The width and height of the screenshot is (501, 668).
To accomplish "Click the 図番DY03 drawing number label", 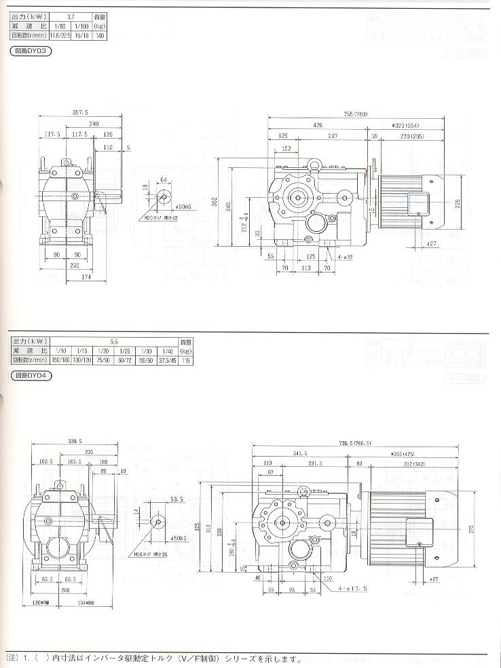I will click(29, 50).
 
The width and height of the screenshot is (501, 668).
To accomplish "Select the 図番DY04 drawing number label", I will click(29, 374).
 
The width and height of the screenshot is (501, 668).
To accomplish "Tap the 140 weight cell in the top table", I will click(100, 33).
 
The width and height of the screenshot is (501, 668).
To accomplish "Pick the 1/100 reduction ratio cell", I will click(81, 25).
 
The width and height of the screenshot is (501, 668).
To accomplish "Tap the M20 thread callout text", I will click(158, 217).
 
